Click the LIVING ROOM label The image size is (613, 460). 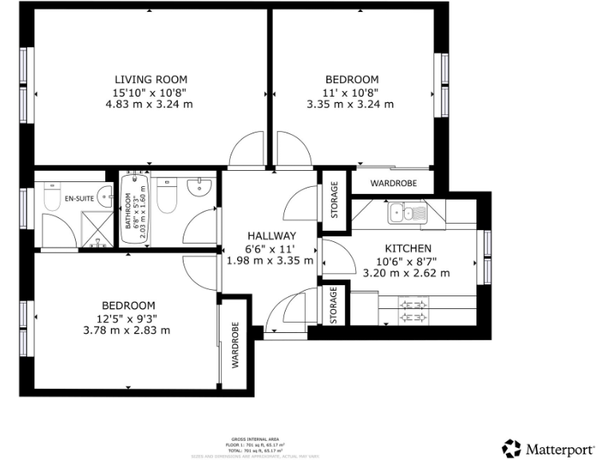coord(151,79)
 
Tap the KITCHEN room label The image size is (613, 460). coord(408,248)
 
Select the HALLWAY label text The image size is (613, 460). coord(271,236)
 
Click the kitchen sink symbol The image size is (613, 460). coord(408,212)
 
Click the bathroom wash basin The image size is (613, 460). coord(199,188)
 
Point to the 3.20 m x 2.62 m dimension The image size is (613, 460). coord(406,272)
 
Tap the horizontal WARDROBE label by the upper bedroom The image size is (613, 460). coord(395,183)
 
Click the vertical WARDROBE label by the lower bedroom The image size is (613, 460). coord(236,344)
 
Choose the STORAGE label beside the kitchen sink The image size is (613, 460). coord(334,200)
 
